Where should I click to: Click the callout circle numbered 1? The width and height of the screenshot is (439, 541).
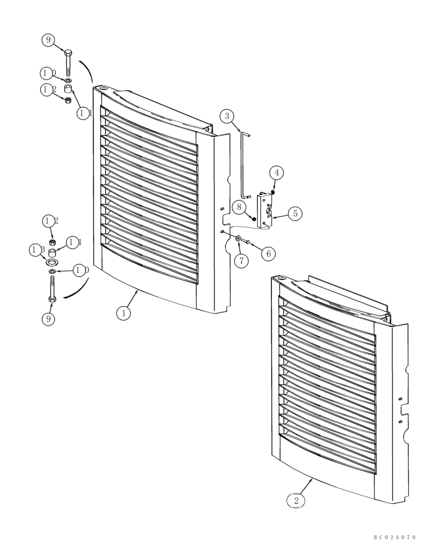[124, 313]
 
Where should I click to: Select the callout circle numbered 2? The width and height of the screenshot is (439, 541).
[296, 500]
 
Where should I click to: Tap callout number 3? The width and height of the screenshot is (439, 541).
[227, 116]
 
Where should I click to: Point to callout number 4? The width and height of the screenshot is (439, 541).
[276, 173]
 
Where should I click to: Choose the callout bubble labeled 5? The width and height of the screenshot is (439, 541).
[295, 213]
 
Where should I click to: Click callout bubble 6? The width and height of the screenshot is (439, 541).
[268, 253]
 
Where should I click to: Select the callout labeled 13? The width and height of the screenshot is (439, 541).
[37, 250]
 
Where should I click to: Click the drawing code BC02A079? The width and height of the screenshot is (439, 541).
[394, 537]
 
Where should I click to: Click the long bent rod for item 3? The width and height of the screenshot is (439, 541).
[244, 162]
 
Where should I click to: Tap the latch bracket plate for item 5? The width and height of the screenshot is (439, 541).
[265, 210]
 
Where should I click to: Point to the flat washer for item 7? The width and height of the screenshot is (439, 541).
[238, 238]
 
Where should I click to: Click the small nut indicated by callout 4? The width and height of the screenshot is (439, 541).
[274, 192]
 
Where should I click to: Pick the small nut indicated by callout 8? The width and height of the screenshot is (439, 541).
[254, 219]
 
